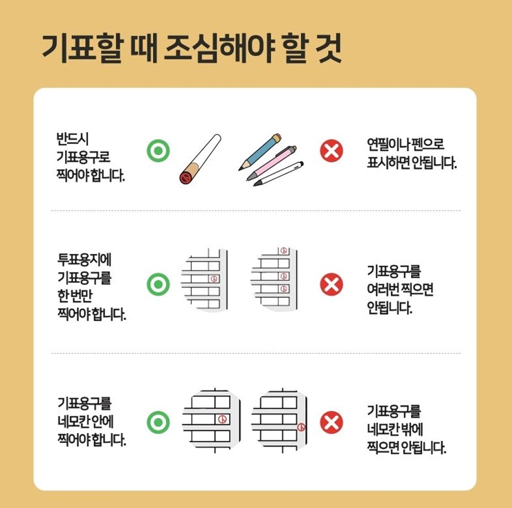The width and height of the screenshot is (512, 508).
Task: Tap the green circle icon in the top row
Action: tap(158, 149)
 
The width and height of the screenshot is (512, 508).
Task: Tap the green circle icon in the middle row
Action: tap(158, 284)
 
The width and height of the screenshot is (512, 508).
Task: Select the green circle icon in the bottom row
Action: tap(158, 421)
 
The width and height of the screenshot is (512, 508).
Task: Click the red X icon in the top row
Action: tap(332, 149)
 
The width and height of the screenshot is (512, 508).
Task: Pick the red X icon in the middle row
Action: tap(332, 284)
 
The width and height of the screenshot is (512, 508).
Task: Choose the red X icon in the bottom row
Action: tap(332, 421)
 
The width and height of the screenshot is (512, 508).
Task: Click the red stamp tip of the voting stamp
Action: tap(185, 177)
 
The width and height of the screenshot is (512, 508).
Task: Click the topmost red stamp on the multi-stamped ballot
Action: tap(282, 250)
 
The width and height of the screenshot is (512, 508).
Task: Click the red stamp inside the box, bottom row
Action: tap(222, 419)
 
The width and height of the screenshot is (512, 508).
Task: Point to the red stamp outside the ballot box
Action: tap(301, 428)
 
